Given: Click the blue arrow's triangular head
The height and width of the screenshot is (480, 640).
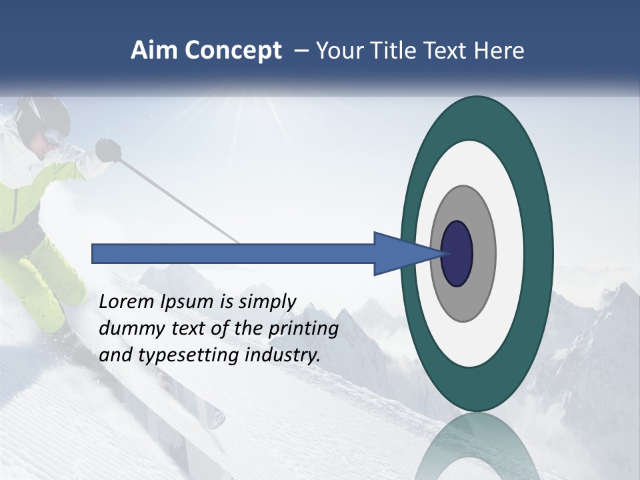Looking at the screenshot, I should [400, 253].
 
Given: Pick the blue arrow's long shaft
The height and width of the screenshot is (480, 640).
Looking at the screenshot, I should [233, 253].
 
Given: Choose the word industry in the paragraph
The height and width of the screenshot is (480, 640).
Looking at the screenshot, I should [283, 355].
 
